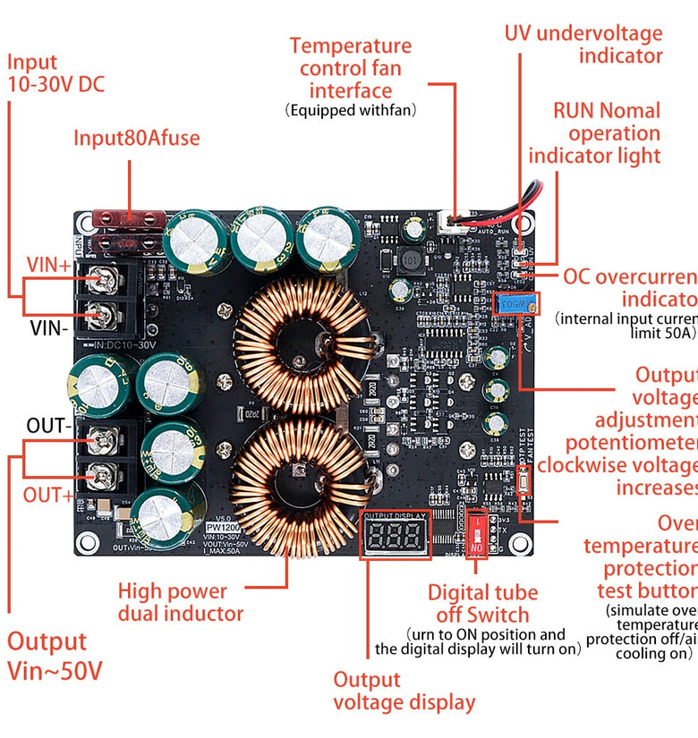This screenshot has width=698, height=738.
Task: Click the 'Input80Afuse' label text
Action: tap(136, 138)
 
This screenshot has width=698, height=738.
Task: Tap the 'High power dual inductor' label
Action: tap(180, 602)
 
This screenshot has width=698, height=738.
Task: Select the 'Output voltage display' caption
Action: tap(404, 691)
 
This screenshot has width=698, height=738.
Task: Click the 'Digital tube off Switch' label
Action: tap(482, 603)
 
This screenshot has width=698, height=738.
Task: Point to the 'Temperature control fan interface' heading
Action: tap(351, 68)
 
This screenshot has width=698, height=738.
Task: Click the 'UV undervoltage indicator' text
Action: tap(583, 45)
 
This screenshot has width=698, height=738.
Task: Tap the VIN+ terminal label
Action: tap(48, 265)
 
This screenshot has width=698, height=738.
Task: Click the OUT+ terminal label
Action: tap(47, 495)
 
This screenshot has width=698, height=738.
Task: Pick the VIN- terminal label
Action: tap(49, 327)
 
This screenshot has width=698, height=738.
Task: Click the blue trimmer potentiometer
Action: tap(513, 304)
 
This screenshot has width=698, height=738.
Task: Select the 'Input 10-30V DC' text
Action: tap(55, 73)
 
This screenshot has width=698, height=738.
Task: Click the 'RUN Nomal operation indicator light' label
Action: tap(594, 133)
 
